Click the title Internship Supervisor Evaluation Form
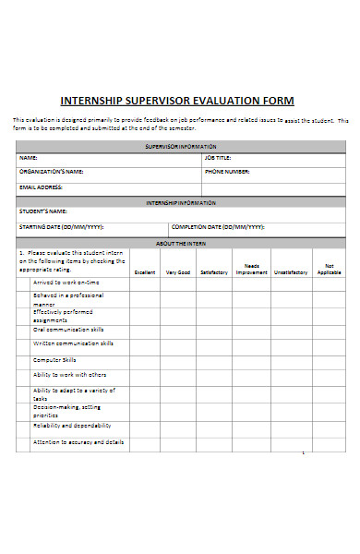click(x=177, y=101)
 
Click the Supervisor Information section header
click(x=181, y=146)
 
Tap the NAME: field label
click(x=28, y=158)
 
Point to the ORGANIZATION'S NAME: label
click(x=51, y=172)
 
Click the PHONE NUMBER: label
click(x=227, y=172)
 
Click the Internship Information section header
click(x=181, y=201)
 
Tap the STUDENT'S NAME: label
click(x=43, y=211)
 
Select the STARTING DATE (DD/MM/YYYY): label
click(x=61, y=226)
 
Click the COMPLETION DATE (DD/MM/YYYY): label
click(x=218, y=226)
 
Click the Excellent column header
click(x=145, y=272)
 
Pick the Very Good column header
click(x=178, y=272)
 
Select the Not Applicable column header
click(x=329, y=269)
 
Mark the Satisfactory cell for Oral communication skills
click(x=213, y=329)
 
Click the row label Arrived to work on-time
click(x=66, y=282)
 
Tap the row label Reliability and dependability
click(x=72, y=426)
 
